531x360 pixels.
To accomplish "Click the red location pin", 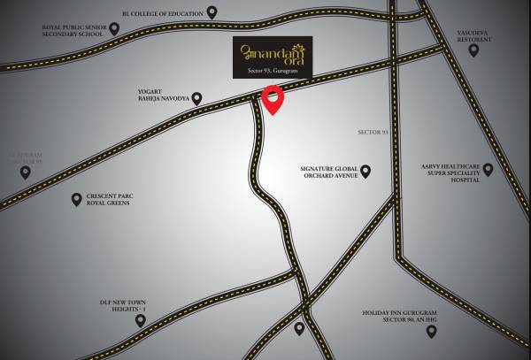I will pyautogui.click(x=274, y=100).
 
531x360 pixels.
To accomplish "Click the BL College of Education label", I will pyautogui.click(x=162, y=14).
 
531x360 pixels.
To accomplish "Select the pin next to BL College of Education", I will pyautogui.click(x=212, y=12).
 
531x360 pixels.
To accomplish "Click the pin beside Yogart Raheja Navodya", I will pyautogui.click(x=197, y=98).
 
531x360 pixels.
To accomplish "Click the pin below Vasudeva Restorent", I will pyautogui.click(x=473, y=50).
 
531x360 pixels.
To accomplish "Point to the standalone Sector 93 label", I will pyautogui.click(x=373, y=132).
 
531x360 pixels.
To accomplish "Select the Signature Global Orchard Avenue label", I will pyautogui.click(x=328, y=171).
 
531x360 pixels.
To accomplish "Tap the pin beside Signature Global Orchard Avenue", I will pyautogui.click(x=365, y=171).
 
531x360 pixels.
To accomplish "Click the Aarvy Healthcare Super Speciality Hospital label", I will pyautogui.click(x=450, y=172).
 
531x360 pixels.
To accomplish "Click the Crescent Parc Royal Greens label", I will pyautogui.click(x=108, y=199).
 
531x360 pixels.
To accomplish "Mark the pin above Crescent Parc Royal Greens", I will pyautogui.click(x=76, y=199).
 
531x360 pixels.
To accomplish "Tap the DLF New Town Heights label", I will pyautogui.click(x=122, y=306).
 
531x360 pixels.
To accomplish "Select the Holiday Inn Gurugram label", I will pyautogui.click(x=399, y=316).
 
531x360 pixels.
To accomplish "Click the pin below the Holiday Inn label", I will pyautogui.click(x=431, y=332).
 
